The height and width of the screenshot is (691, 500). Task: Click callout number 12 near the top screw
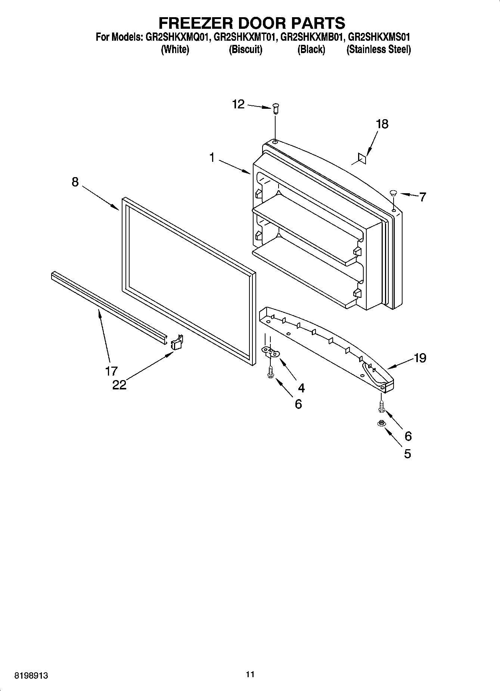pos(238,104)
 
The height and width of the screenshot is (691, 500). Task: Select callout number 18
pos(382,124)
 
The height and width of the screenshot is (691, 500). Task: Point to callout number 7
pos(422,197)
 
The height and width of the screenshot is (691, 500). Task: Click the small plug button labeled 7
pos(393,193)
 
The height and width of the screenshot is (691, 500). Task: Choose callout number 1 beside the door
pos(212,158)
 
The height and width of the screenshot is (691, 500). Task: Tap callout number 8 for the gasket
pos(75,182)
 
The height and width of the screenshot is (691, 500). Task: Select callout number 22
pos(119,385)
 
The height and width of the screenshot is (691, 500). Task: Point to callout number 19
pos(420,358)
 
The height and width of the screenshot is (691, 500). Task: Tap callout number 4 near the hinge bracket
pos(301,388)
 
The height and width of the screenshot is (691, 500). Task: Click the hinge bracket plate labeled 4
pos(271,351)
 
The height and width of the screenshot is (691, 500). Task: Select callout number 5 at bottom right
pos(407,454)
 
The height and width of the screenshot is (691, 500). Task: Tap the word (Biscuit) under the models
pos(245,50)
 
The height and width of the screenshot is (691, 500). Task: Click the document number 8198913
pos(31,676)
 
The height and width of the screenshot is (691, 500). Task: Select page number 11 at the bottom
pos(250,674)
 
